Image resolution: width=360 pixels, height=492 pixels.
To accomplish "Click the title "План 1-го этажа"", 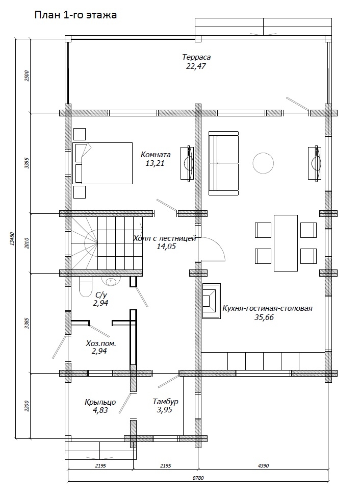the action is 75,15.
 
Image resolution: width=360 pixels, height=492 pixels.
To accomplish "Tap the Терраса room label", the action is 197,57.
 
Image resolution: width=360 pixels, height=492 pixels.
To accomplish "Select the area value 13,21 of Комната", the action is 155,163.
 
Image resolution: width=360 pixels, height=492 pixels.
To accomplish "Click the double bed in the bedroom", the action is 102,163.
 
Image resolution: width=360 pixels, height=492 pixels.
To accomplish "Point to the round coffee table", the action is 263,163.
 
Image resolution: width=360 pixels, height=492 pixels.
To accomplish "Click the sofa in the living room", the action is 223,163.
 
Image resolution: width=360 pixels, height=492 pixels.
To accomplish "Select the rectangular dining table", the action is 286,243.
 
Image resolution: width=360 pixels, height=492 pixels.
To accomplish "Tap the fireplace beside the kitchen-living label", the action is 211,301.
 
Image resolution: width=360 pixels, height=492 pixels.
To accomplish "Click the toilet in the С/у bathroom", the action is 86,286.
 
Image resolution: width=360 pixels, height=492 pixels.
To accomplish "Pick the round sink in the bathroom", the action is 111,281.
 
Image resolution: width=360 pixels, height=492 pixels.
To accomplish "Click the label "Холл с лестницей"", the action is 165,238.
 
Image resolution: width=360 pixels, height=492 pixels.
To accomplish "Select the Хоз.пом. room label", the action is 101,343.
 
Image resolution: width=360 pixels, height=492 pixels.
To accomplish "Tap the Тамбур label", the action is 166,402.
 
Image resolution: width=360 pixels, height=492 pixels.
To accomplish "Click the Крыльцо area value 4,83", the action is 100,410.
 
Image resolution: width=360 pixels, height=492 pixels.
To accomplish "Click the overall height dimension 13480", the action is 12,238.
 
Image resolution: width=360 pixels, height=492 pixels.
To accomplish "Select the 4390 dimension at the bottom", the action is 263,466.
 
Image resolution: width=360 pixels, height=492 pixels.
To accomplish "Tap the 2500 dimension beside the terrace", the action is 27,76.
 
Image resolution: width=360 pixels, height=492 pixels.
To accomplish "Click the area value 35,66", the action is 264,317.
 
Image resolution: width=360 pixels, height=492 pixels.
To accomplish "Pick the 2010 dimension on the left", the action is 27,243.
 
